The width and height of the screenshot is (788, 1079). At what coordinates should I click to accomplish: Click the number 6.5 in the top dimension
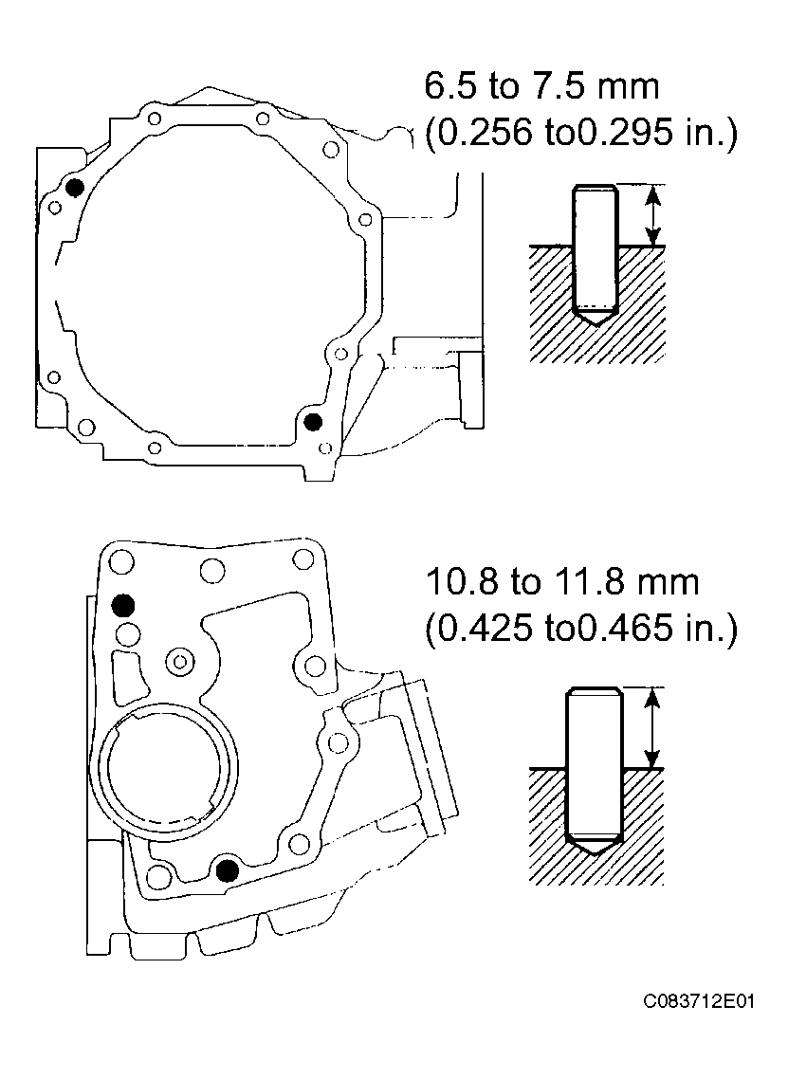click(451, 87)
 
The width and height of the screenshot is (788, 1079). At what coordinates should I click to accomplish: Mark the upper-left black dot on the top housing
click(74, 187)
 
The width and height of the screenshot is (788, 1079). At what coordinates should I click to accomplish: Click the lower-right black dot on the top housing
click(313, 421)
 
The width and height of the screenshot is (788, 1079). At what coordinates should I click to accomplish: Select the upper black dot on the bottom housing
click(123, 604)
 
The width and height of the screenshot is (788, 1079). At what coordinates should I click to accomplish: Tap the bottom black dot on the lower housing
click(226, 869)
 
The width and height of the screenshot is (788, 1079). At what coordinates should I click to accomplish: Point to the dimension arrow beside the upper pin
click(651, 215)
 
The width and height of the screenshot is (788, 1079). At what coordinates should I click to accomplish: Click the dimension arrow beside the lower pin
click(651, 728)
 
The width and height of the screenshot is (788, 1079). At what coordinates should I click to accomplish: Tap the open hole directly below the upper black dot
click(125, 631)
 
